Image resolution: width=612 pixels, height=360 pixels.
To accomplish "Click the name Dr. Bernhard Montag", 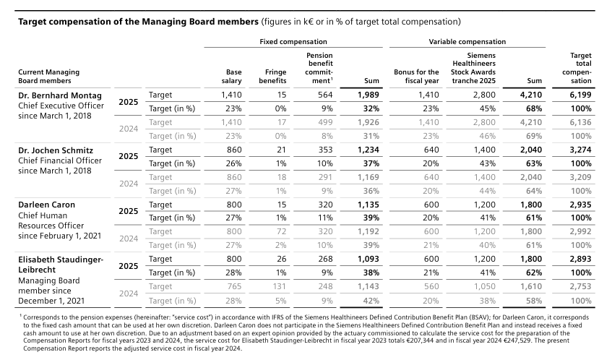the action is (x=60, y=95).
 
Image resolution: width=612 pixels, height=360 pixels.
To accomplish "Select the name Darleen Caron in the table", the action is (x=46, y=205).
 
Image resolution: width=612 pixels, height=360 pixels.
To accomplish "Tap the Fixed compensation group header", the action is (x=293, y=42).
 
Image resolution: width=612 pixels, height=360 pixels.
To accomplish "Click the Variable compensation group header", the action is (x=467, y=42).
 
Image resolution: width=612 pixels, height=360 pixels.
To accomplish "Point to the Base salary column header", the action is (x=234, y=77).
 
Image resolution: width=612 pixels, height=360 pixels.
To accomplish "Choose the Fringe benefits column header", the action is (x=275, y=77).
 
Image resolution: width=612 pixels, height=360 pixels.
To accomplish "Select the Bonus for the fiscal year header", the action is (x=416, y=77).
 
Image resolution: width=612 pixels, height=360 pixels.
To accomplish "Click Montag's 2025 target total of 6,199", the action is (x=580, y=95).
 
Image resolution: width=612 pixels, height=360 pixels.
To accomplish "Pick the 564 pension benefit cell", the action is (x=325, y=95).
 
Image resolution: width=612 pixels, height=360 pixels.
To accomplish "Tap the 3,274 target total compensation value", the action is (x=580, y=150).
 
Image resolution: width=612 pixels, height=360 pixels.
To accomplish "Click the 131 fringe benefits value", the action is (x=279, y=286).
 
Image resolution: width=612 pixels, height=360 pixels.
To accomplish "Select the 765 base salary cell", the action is (x=234, y=286).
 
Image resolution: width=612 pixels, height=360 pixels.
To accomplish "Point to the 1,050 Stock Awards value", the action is (x=484, y=286).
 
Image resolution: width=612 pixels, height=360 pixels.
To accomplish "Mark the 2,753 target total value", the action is (x=580, y=286).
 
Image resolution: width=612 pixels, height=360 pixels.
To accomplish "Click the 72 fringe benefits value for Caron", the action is (x=281, y=231).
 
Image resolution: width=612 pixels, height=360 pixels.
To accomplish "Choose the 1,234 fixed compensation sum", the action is (x=368, y=150).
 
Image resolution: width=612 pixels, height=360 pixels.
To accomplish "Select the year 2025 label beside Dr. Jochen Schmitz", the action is (x=129, y=156).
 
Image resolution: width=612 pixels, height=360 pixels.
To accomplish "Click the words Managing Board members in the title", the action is (x=200, y=22).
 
